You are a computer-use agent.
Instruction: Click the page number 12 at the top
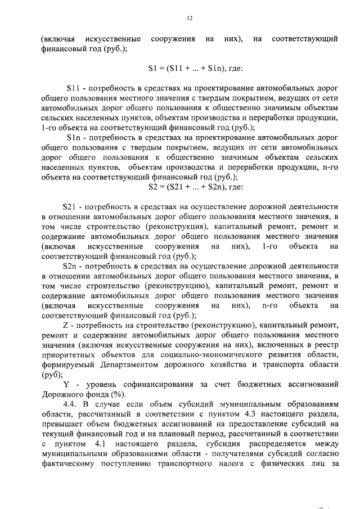point(190,18)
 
